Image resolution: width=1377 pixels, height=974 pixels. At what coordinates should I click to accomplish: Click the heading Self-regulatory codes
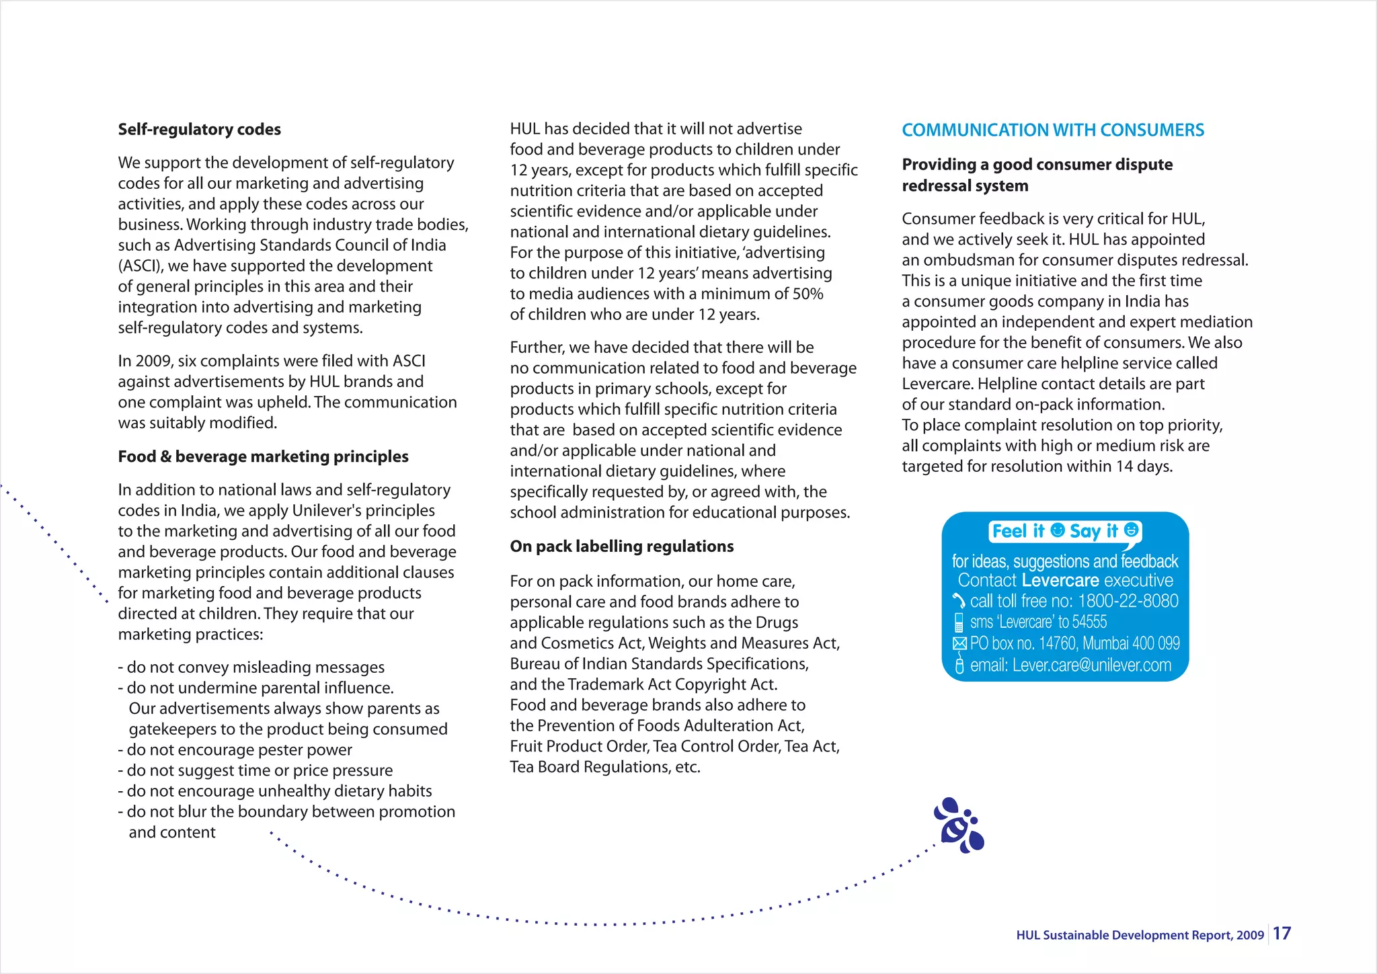[x=199, y=129]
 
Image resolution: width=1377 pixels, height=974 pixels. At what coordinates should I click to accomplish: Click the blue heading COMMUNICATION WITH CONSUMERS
[x=1052, y=130]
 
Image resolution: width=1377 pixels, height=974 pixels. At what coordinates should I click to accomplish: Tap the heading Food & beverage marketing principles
[x=263, y=456]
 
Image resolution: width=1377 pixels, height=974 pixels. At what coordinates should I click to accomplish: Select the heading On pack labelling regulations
[x=621, y=546]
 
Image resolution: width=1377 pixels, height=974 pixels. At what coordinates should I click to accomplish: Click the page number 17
[x=1282, y=933]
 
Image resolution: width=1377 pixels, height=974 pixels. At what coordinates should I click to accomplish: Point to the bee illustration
[x=959, y=826]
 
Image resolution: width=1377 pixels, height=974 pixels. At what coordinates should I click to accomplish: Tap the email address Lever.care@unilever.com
[x=1091, y=665]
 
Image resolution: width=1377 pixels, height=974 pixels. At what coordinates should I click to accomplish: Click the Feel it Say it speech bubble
[x=1065, y=531]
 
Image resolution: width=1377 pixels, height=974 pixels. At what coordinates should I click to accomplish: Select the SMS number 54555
[x=1089, y=622]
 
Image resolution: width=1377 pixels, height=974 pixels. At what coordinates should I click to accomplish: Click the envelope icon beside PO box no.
[x=959, y=643]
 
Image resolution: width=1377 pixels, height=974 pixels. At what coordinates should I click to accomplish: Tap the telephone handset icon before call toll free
[x=959, y=601]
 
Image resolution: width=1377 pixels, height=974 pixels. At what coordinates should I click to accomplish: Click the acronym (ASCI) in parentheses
[x=140, y=266]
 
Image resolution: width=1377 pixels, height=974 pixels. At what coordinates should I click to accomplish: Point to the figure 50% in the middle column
[x=807, y=294]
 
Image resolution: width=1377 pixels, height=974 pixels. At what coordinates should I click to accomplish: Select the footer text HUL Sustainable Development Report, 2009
[x=1140, y=935]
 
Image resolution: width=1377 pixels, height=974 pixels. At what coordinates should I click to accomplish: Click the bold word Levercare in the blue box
[x=1060, y=580]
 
